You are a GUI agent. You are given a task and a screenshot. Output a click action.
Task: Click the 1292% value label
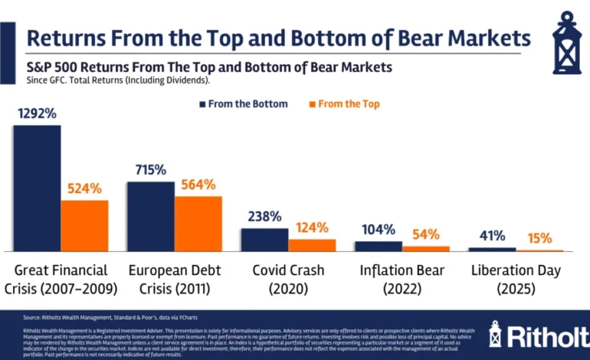37,113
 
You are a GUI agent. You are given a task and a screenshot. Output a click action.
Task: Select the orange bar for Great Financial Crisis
84,225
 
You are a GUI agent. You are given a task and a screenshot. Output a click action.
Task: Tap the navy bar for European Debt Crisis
150,216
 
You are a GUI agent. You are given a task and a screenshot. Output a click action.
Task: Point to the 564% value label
198,185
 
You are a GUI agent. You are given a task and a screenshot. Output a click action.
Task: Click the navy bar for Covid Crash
264,239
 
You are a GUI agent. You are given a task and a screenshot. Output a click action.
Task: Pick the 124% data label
312,227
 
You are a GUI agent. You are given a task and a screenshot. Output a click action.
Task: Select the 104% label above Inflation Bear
379,229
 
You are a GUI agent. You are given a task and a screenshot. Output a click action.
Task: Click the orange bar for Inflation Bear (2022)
426,248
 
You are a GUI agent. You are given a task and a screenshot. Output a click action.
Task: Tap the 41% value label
493,236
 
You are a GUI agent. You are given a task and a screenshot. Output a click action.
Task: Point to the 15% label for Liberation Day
539,238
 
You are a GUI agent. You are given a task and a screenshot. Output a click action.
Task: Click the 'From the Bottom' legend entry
243,103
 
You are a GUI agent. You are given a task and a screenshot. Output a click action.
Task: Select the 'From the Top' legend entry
343,103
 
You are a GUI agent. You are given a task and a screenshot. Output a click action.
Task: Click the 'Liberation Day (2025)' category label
516,280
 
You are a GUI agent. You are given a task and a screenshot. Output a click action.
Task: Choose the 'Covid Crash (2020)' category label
288,280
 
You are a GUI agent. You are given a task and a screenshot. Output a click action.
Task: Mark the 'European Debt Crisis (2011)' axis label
174,280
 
